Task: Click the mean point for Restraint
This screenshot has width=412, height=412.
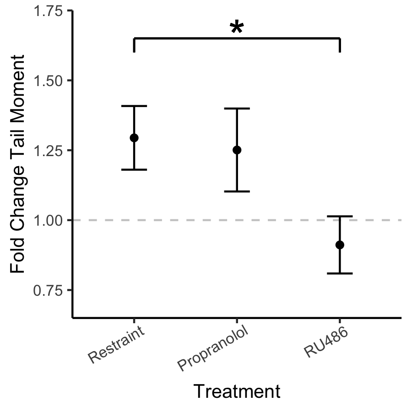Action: click(134, 138)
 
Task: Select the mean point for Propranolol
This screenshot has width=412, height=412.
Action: click(237, 150)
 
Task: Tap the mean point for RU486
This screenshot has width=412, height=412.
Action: click(340, 245)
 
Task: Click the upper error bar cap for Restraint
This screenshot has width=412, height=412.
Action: click(134, 106)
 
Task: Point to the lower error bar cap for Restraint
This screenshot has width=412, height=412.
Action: click(134, 170)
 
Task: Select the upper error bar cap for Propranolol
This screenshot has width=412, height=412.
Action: click(237, 108)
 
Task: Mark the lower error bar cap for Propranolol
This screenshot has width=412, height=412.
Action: click(237, 191)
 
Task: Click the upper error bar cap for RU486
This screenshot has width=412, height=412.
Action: click(340, 216)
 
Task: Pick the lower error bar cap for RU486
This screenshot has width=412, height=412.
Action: click(340, 273)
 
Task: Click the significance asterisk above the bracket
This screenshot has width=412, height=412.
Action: click(236, 28)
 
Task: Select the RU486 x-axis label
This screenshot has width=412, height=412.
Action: click(325, 343)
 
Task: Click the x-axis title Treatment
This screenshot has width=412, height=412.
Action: click(237, 392)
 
